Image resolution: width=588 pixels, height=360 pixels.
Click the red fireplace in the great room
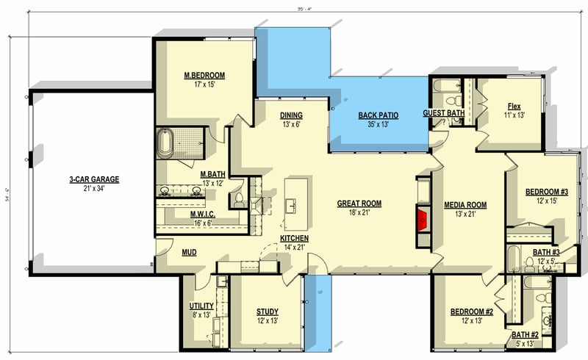coord(423,218)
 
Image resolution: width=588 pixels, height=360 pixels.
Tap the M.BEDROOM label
coord(204,76)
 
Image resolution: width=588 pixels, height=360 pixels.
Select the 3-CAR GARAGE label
coord(94,179)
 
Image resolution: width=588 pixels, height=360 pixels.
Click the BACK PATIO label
coord(379,115)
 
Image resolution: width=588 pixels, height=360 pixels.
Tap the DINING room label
coord(292,115)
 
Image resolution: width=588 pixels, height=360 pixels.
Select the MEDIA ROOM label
coord(465,204)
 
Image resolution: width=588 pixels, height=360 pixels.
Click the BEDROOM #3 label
coord(546,192)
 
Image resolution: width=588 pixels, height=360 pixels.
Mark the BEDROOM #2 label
coord(471,312)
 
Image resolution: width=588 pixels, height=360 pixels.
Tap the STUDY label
coord(267,312)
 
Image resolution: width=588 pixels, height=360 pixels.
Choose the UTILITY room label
coord(201,305)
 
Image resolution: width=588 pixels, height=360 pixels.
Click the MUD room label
coord(189,253)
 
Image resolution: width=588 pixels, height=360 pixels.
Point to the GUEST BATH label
coord(443,113)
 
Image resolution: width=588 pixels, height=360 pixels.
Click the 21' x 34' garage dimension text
coord(94,189)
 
